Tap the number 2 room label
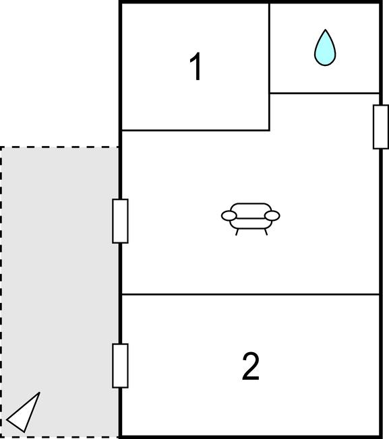251,366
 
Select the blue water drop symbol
325,48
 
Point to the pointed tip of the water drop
325,30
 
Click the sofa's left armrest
229,216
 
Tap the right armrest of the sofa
272,216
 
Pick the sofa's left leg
237,232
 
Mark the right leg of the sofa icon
266,232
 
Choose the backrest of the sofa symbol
251,207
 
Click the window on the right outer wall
381,127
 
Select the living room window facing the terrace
120,221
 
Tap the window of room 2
120,366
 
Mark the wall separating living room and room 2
251,294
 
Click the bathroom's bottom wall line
324,93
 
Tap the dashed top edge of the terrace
59,147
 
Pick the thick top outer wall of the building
251,2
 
